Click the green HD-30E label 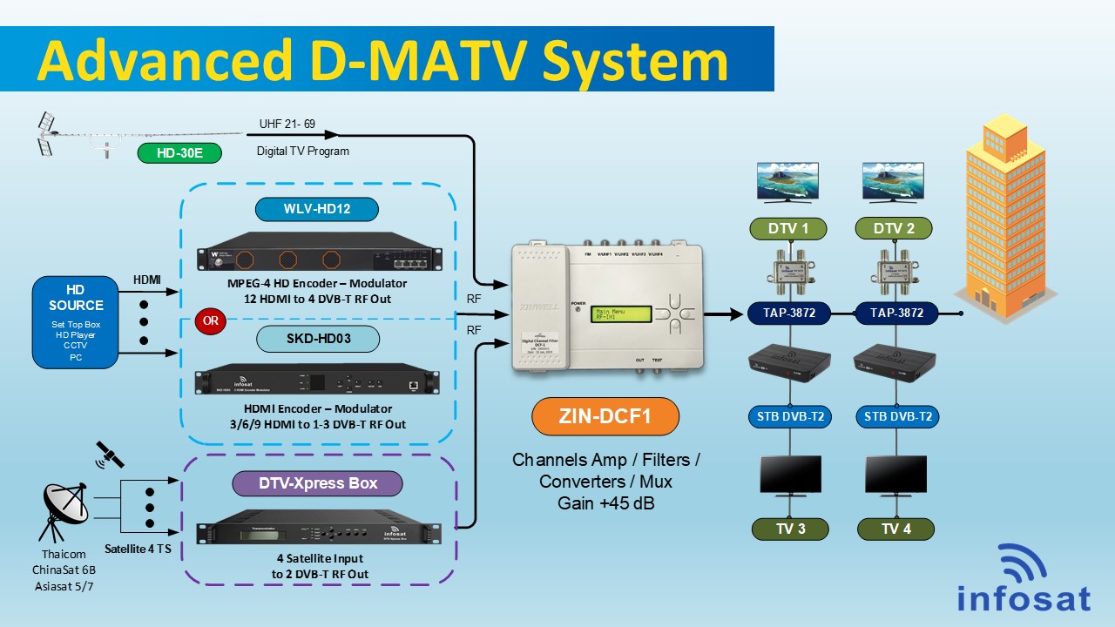(x=179, y=153)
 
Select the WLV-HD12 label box (x=317, y=209)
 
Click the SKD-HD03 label (x=317, y=338)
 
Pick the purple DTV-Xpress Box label (x=317, y=483)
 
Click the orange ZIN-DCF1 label (x=605, y=416)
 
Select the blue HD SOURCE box (x=75, y=321)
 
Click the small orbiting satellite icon (x=110, y=453)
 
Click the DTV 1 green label (x=788, y=229)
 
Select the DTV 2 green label (x=893, y=229)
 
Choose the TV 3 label (x=791, y=529)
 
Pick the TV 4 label (x=895, y=529)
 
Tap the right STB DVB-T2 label (x=897, y=416)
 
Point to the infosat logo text (x=1024, y=599)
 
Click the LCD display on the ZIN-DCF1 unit (x=618, y=314)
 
